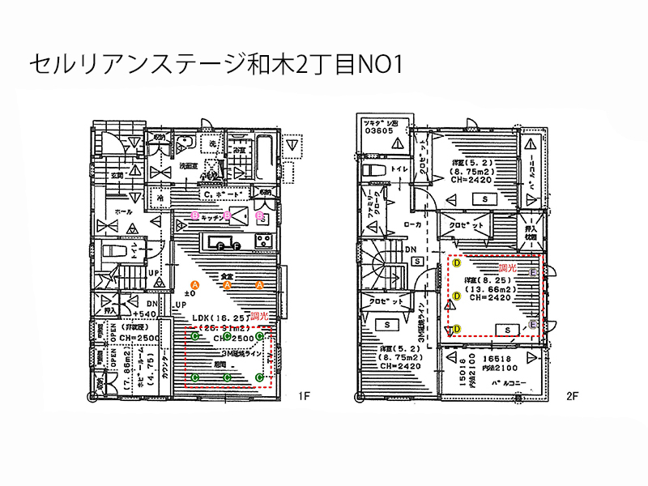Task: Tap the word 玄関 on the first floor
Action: pos(117,175)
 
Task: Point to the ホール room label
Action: pos(124,211)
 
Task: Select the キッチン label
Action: pos(212,217)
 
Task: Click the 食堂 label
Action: pos(228,277)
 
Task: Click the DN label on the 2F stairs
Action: pos(411,249)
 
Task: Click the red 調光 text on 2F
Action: pos(508,266)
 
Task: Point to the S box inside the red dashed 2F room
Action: pos(507,329)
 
